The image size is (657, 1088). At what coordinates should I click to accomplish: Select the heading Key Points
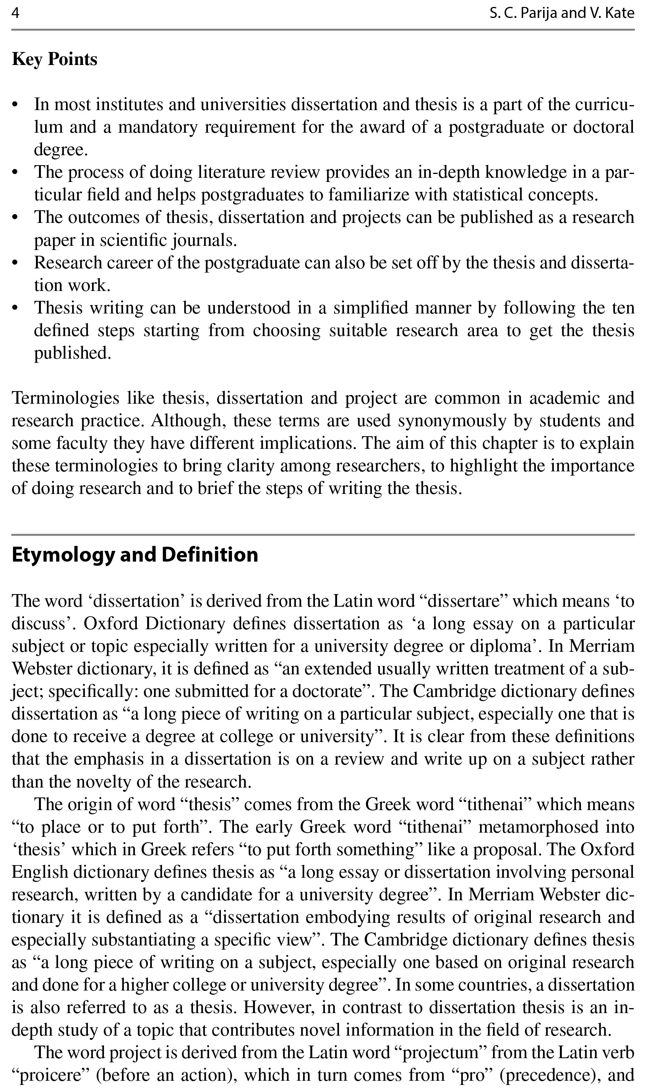pyautogui.click(x=54, y=59)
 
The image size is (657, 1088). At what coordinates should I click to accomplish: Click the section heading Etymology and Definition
pyautogui.click(x=135, y=555)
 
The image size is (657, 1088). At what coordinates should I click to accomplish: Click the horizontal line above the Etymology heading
pyautogui.click(x=323, y=535)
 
